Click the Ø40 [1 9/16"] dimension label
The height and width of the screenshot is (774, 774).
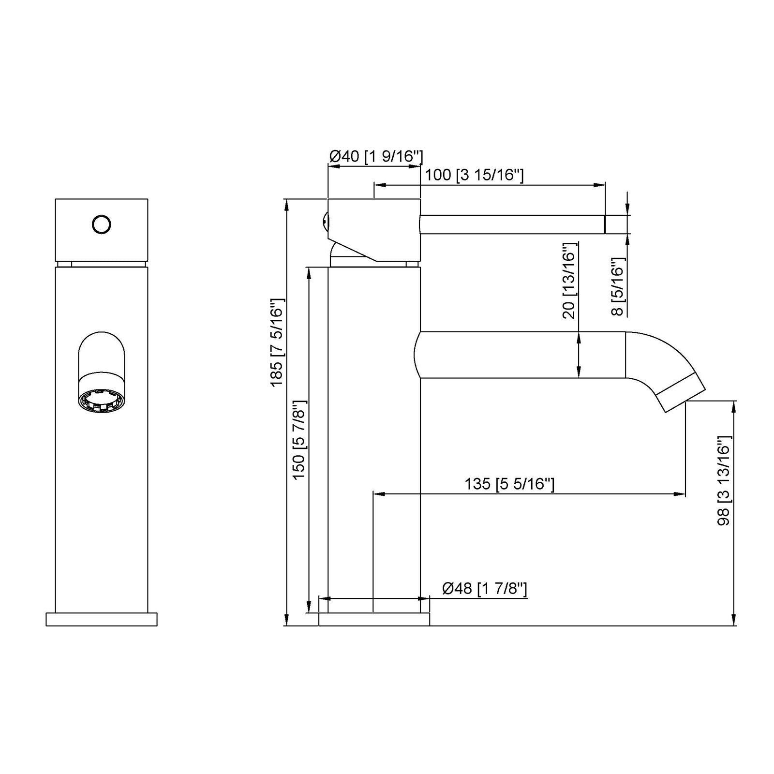(376, 156)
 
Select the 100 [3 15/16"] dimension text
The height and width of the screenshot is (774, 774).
(474, 175)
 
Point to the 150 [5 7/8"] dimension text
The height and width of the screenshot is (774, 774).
(299, 440)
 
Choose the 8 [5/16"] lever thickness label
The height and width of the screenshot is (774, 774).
(618, 286)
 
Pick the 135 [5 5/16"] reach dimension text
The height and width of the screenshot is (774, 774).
(509, 484)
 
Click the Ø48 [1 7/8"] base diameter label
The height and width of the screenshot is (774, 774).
(484, 589)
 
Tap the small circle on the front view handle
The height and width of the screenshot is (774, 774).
(102, 224)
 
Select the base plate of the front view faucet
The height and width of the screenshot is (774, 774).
(102, 619)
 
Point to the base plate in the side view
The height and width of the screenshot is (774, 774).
(374, 619)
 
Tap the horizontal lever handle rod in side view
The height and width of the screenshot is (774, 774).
(513, 224)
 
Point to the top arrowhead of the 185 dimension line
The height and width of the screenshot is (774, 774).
(287, 204)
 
